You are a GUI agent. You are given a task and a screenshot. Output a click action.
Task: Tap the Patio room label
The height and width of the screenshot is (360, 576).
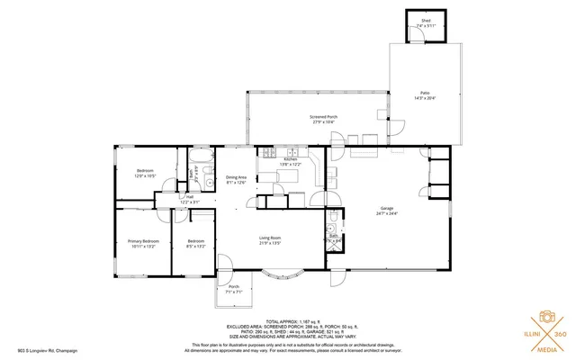pos(424,95)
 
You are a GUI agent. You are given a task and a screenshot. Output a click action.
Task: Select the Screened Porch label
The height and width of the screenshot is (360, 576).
pos(323,119)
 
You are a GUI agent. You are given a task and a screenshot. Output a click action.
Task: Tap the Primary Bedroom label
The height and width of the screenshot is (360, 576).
pos(143,243)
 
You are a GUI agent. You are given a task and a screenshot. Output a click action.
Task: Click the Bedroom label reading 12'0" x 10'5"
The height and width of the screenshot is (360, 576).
pos(145,173)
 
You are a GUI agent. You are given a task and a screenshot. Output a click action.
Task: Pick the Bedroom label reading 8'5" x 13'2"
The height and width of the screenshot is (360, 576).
pos(196,243)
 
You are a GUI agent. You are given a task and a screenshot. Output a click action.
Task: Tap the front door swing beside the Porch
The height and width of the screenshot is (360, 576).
pos(225,265)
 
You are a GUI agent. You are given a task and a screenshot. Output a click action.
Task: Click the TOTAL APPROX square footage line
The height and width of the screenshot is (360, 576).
pos(287,320)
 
